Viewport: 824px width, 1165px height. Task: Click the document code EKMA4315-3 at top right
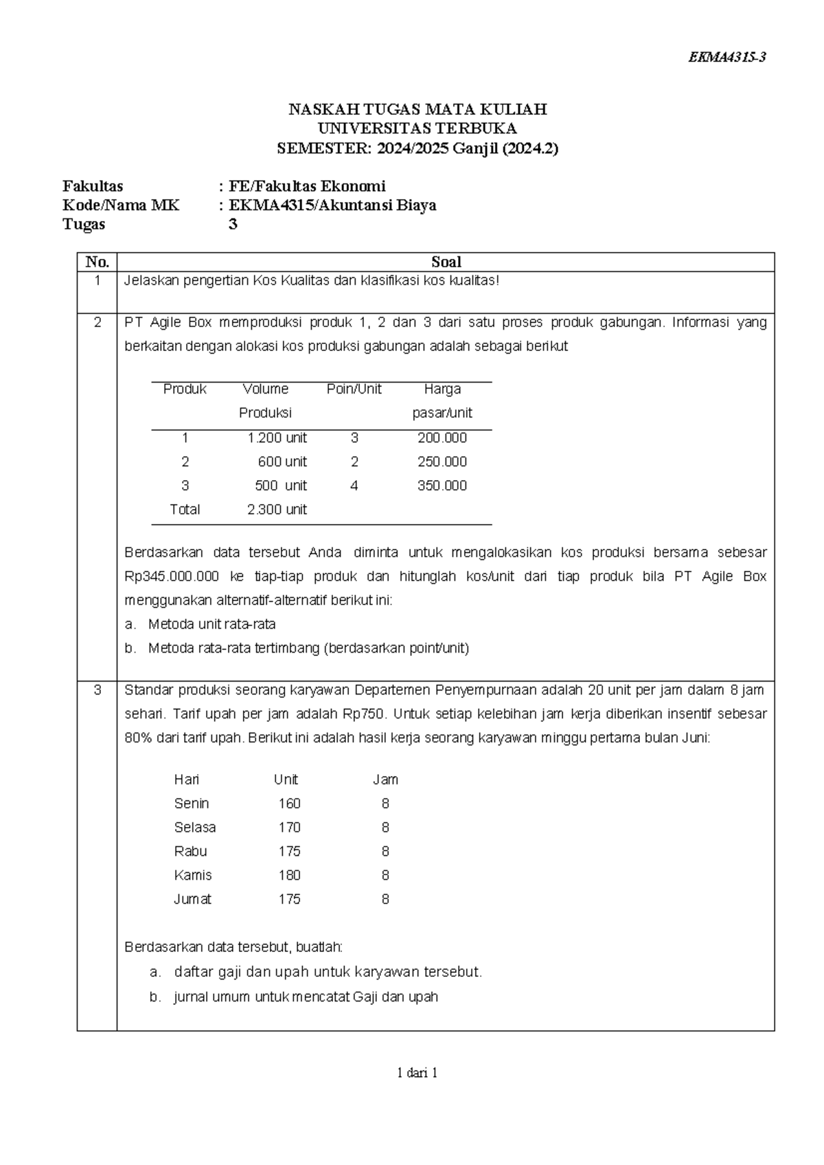(726, 58)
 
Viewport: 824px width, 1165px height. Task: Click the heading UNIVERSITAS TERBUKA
(417, 128)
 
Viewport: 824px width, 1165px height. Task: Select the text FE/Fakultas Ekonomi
(307, 186)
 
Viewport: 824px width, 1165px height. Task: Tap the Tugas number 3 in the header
(233, 224)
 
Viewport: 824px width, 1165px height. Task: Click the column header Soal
(446, 262)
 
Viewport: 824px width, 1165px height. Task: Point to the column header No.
(97, 262)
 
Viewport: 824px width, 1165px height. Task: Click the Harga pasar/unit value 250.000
(442, 462)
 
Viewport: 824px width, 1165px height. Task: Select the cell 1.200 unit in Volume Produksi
(277, 438)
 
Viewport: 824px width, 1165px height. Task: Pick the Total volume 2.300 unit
(277, 510)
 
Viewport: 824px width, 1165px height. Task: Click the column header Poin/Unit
(354, 389)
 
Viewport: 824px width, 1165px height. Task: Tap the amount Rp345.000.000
(172, 576)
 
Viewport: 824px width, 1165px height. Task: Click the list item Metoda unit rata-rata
(211, 624)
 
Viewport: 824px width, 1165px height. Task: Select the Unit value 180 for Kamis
(289, 875)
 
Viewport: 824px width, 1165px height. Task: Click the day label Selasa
(195, 827)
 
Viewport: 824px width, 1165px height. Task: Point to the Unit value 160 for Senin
(289, 803)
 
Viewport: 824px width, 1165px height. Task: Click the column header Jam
(385, 780)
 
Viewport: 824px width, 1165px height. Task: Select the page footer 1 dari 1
(417, 1072)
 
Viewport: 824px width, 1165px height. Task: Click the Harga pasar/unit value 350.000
(442, 486)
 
